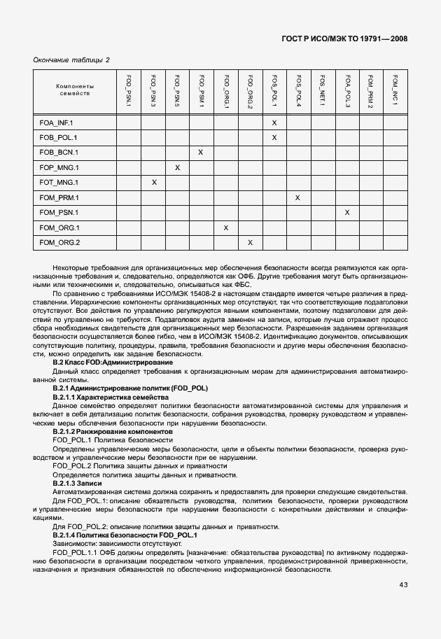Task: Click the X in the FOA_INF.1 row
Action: pos(274,122)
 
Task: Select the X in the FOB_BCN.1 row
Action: pos(201,152)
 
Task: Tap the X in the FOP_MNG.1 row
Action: pos(177,167)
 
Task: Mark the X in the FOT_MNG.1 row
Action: pos(153,183)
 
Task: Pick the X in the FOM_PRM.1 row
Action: pos(298,198)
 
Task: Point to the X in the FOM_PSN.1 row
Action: pos(347,212)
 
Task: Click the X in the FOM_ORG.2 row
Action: pos(250,242)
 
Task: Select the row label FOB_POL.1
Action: pos(58,137)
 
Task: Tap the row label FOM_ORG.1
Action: pos(59,227)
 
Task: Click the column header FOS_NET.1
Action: pos(323,91)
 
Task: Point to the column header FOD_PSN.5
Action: pos(177,90)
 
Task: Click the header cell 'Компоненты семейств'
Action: pos(75,90)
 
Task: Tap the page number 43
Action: pos(403,584)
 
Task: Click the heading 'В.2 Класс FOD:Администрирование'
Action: pos(113,363)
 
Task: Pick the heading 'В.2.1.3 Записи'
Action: pos(77,484)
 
